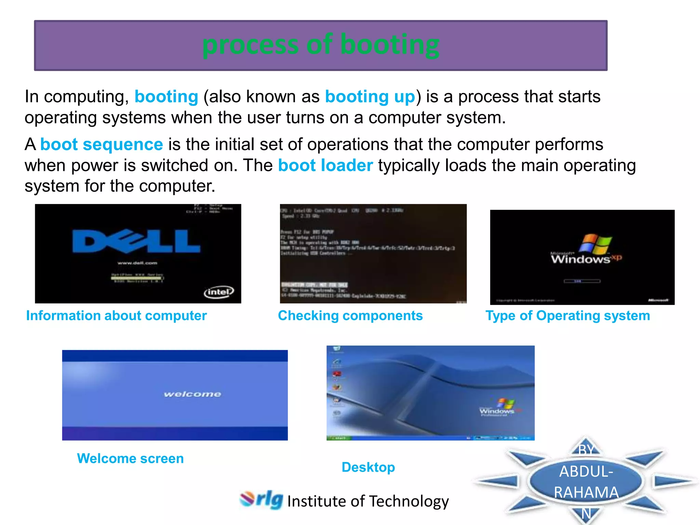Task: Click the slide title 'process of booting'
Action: click(321, 45)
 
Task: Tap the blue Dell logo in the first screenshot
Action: click(136, 241)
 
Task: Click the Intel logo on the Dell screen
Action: click(219, 292)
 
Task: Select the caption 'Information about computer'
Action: click(117, 315)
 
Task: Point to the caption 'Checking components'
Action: click(350, 315)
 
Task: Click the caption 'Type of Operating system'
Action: click(568, 315)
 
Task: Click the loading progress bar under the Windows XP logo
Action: click(582, 281)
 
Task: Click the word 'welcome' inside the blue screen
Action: click(192, 394)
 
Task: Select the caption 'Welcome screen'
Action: click(130, 458)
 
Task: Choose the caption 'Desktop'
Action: click(368, 467)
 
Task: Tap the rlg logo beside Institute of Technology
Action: click(261, 500)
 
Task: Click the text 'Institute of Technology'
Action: click(368, 501)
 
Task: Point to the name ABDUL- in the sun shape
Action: click(586, 472)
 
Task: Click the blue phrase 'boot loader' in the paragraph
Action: click(325, 165)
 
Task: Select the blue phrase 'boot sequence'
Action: click(102, 144)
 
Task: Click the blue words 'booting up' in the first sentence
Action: click(370, 96)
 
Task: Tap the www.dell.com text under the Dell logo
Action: click(137, 263)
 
